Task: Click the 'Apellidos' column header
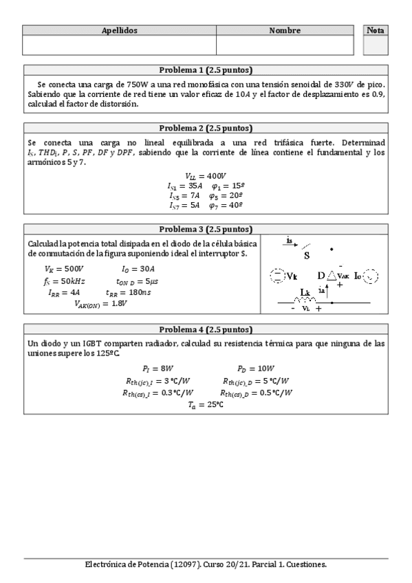pyautogui.click(x=120, y=31)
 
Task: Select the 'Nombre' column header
pyautogui.click(x=285, y=31)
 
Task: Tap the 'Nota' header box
pyautogui.click(x=376, y=31)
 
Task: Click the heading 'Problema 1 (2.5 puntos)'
pyautogui.click(x=206, y=70)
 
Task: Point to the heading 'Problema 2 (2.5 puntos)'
pyautogui.click(x=206, y=128)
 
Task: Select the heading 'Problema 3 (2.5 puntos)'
pyautogui.click(x=206, y=229)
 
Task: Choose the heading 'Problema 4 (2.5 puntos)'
pyautogui.click(x=206, y=329)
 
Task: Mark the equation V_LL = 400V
pyautogui.click(x=206, y=175)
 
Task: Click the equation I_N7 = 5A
pyautogui.click(x=184, y=205)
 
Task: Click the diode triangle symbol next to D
pyautogui.click(x=331, y=275)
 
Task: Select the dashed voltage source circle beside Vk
pyautogui.click(x=277, y=276)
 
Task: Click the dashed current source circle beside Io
pyautogui.click(x=370, y=276)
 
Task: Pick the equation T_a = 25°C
pyautogui.click(x=206, y=405)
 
